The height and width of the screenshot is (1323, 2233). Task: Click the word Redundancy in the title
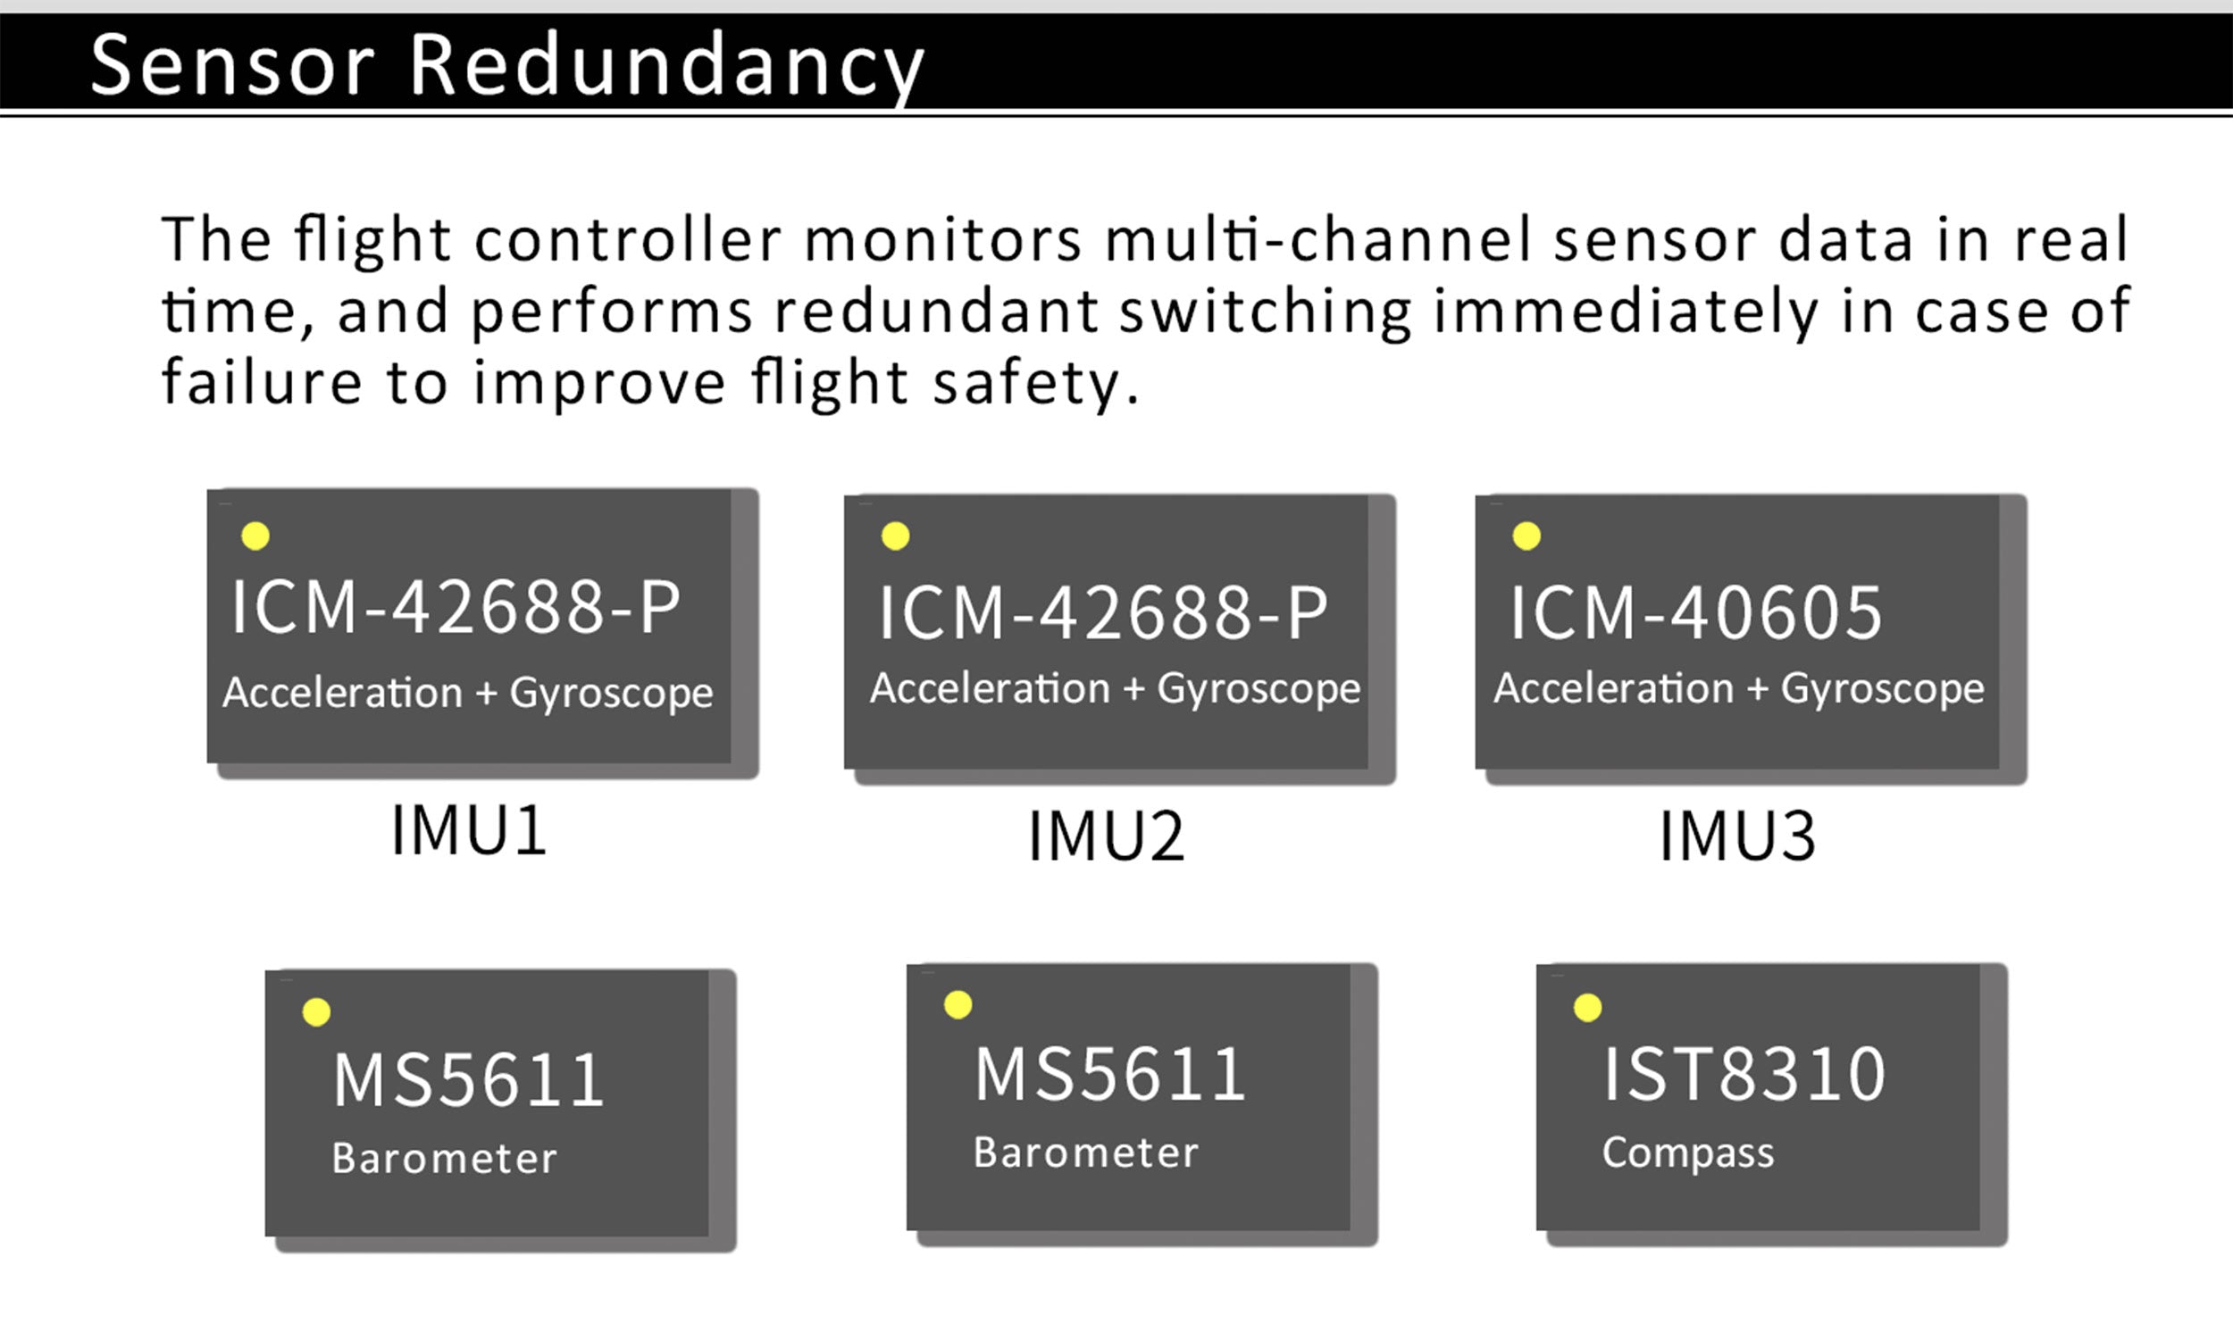click(666, 67)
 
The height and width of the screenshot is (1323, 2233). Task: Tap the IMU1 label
click(469, 830)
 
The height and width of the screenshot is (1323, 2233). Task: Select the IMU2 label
click(1106, 836)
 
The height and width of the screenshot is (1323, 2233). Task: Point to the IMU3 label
click(1737, 836)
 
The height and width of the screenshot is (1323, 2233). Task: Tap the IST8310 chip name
click(1744, 1074)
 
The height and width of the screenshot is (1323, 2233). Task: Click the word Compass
click(1688, 1153)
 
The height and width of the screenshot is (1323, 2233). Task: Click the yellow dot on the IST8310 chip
click(1587, 1008)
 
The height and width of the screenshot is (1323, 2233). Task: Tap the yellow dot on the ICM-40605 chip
click(1526, 536)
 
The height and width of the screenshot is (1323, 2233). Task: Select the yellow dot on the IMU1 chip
click(255, 536)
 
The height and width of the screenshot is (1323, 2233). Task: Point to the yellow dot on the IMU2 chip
click(895, 536)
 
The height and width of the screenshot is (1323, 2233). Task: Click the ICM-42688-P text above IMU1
click(456, 607)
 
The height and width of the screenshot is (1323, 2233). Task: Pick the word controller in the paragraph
click(629, 239)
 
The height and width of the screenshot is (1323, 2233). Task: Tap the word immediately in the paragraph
click(1627, 312)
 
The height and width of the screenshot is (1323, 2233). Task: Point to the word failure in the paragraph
click(262, 381)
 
